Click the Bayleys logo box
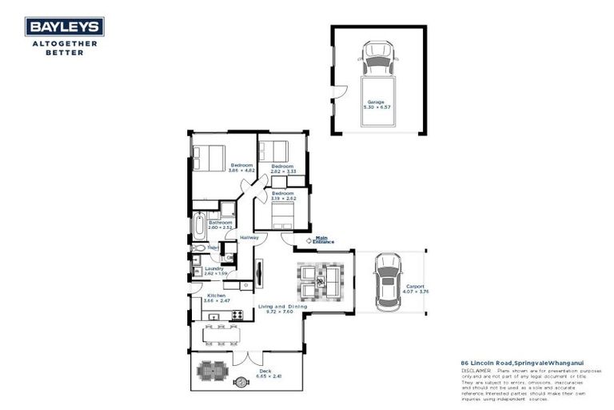62,27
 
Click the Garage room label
376,102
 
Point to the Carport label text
415,285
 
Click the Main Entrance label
324,239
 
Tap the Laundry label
213,268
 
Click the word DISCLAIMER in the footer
476,372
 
